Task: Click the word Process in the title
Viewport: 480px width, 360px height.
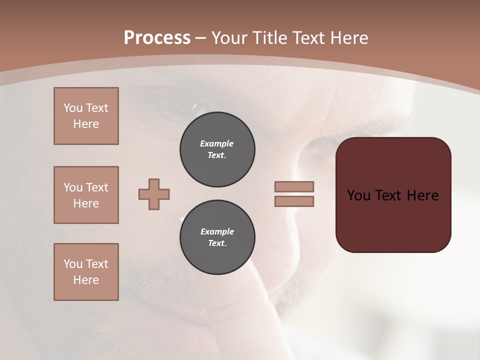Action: coord(157,38)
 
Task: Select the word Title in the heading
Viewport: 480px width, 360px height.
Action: coord(268,38)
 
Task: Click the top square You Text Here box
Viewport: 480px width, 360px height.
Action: coord(86,116)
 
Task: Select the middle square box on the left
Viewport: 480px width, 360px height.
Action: coord(86,195)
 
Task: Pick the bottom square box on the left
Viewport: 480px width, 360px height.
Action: coord(86,272)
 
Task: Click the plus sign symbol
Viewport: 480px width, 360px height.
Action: coord(154,194)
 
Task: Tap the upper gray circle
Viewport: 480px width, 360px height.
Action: coord(217,149)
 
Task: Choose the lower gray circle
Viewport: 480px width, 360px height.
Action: coord(217,237)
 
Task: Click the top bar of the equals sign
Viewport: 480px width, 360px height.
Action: coord(294,186)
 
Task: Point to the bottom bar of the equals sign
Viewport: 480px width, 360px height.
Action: coord(294,201)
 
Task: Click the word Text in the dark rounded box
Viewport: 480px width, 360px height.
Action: coord(389,195)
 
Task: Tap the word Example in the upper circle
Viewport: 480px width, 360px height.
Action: coord(217,143)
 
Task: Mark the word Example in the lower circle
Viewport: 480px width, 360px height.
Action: coord(217,231)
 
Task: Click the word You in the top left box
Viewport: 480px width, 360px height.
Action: coord(73,108)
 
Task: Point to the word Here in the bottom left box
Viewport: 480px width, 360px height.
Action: coord(86,280)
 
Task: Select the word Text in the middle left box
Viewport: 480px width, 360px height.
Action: coord(96,187)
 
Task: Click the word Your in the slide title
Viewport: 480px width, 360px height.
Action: coord(229,38)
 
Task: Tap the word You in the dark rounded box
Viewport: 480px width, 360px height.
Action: coord(358,195)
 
